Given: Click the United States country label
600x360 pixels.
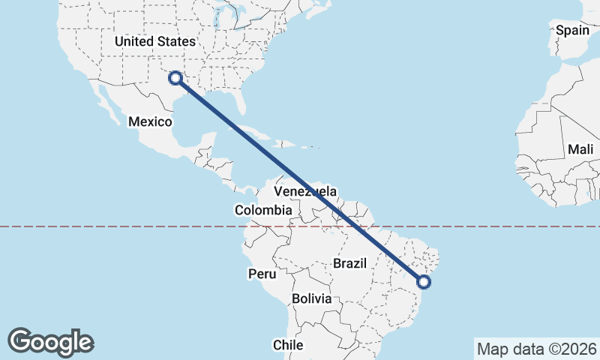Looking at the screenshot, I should pyautogui.click(x=154, y=41).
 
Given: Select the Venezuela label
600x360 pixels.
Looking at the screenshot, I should pyautogui.click(x=306, y=193).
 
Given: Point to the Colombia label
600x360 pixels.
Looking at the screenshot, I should pyautogui.click(x=262, y=211).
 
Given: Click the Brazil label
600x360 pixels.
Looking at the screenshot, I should pyautogui.click(x=349, y=263).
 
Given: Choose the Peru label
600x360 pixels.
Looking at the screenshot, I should pyautogui.click(x=262, y=274).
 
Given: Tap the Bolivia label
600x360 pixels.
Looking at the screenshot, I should pyautogui.click(x=311, y=298).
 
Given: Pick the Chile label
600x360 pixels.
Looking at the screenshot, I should pyautogui.click(x=287, y=345).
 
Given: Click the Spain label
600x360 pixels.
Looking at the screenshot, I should pyautogui.click(x=573, y=31).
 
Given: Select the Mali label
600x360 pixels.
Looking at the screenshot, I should pyautogui.click(x=580, y=149).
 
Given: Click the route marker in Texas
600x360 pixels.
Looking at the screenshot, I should pyautogui.click(x=175, y=77).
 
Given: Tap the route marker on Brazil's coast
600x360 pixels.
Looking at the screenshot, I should pyautogui.click(x=424, y=282).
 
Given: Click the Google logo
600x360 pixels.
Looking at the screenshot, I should pyautogui.click(x=50, y=342).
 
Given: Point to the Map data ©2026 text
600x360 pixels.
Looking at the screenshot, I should pyautogui.click(x=536, y=349).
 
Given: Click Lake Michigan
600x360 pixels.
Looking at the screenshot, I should pyautogui.click(x=218, y=28).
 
